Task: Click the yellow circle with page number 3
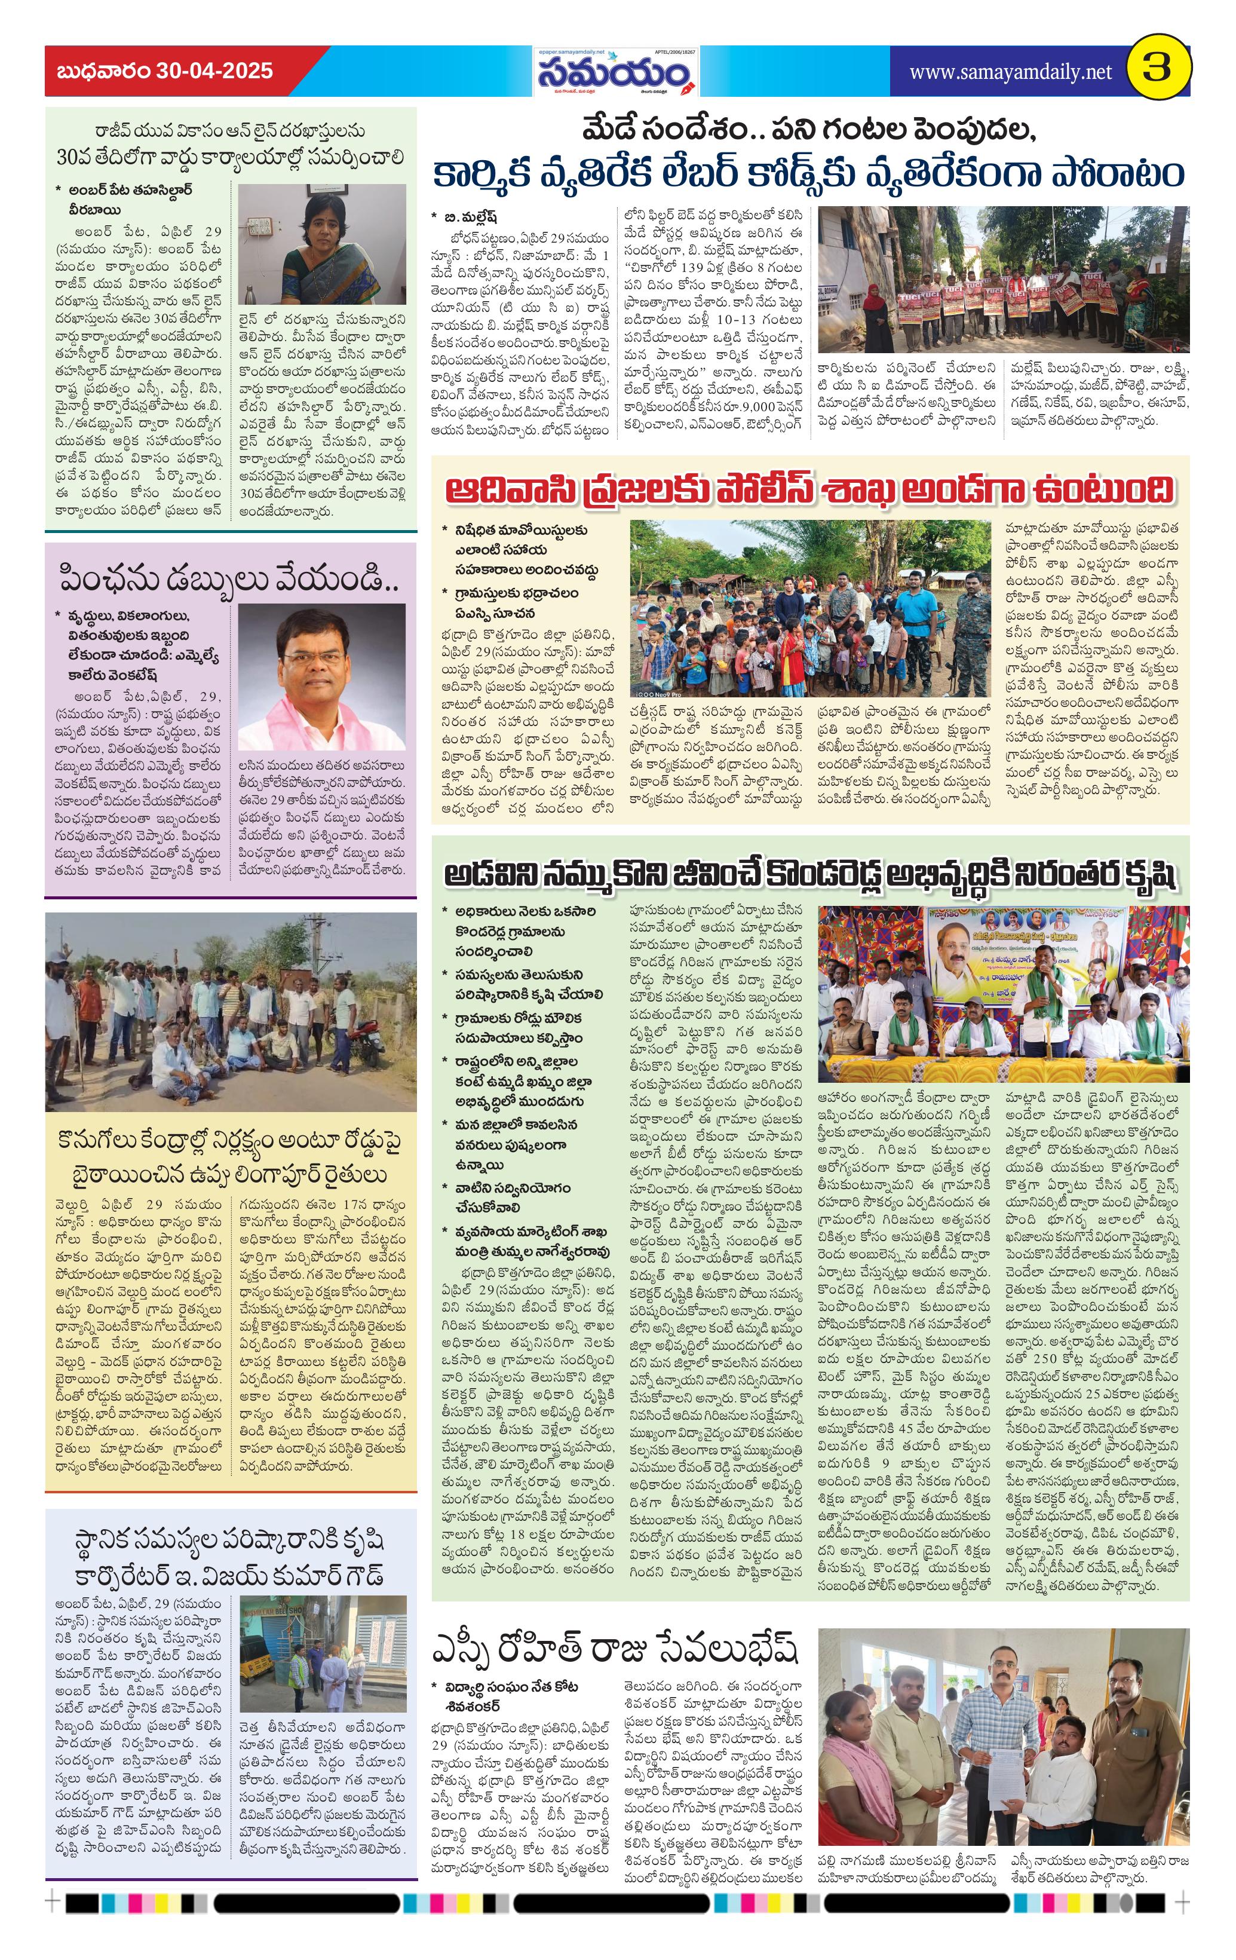tap(1157, 70)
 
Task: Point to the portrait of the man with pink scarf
tap(321, 676)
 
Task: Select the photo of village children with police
tap(809, 608)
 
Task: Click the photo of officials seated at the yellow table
tap(1002, 993)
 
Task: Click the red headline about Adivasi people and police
tap(809, 490)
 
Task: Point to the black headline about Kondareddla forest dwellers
tap(809, 876)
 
